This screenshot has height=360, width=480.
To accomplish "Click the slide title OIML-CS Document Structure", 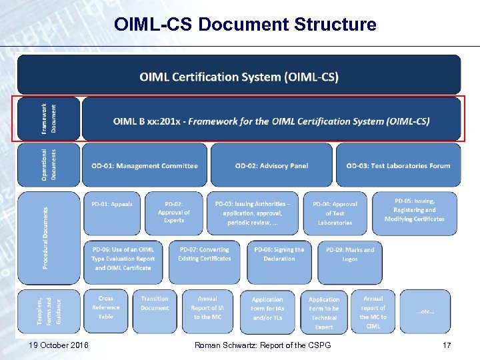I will (245, 25).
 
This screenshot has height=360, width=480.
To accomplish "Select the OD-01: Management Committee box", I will (140, 165).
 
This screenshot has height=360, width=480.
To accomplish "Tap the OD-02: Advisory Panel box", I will (271, 165).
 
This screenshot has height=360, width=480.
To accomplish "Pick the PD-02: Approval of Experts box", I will (174, 212).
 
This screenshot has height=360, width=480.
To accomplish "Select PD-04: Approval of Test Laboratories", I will (335, 213).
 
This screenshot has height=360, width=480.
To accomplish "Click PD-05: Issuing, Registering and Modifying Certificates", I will (414, 209).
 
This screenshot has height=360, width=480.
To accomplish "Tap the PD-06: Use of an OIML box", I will (123, 259).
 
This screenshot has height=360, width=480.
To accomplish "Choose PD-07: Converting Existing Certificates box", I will (203, 254).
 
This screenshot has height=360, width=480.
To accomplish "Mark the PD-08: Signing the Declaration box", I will (279, 254).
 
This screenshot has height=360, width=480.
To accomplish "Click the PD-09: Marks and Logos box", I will (350, 254).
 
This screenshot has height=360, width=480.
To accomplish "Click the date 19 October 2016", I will (60, 345).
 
